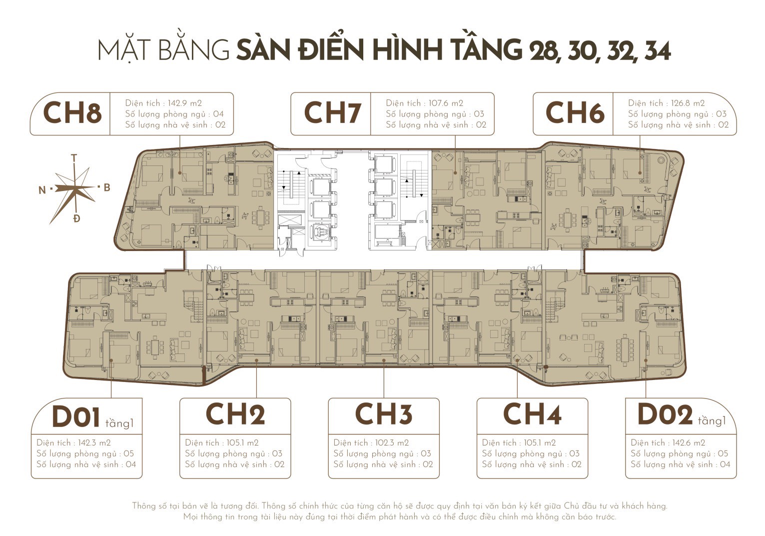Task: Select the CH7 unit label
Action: click(332, 113)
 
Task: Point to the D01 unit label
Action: click(76, 417)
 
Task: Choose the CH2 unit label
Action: click(235, 414)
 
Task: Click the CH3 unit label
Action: click(383, 414)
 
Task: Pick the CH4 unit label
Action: click(532, 414)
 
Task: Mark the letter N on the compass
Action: click(42, 189)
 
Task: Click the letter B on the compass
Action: click(106, 187)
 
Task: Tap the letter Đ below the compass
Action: click(76, 218)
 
